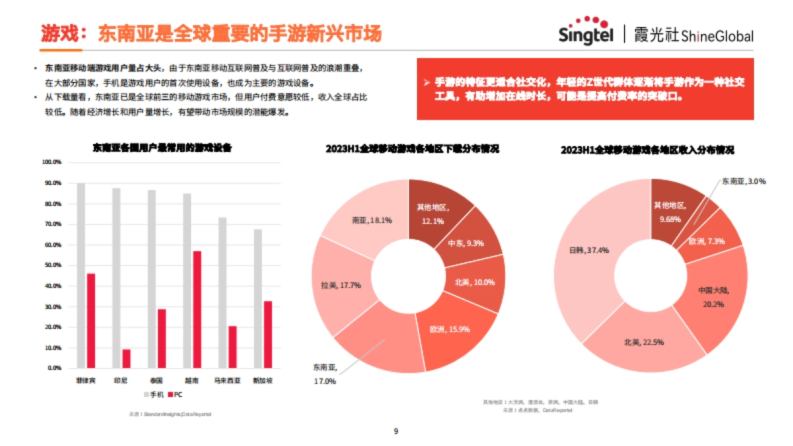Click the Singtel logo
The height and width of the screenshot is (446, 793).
585,31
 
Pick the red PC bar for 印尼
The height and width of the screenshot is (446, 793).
126,358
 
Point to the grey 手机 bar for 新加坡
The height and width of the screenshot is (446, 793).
258,298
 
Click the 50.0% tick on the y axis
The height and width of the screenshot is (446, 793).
52,265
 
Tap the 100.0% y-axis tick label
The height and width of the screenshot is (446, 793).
52,162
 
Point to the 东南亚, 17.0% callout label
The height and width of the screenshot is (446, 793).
325,374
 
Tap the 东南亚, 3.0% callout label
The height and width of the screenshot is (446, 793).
743,181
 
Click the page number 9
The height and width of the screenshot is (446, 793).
396,431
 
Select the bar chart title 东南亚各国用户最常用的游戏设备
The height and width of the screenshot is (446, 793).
163,147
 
